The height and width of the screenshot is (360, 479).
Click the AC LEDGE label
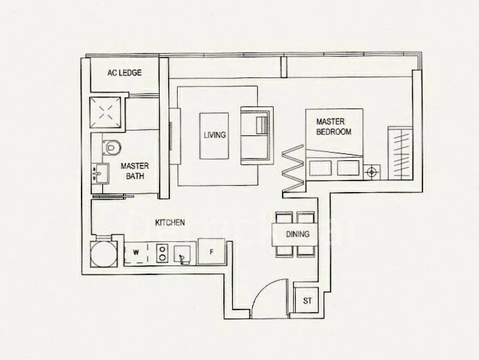tap(124, 73)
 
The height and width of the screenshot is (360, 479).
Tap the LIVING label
tap(214, 135)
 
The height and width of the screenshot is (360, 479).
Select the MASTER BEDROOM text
tap(334, 127)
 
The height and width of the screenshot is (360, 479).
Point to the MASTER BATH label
tap(134, 170)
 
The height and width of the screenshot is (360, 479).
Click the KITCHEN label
tap(169, 223)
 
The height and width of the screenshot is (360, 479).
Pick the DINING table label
tap(298, 234)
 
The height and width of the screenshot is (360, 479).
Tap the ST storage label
tap(307, 300)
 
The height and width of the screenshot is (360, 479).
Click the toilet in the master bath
tap(110, 145)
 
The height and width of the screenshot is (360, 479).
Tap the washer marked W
tap(136, 253)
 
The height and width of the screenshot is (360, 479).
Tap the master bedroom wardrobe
tap(401, 152)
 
